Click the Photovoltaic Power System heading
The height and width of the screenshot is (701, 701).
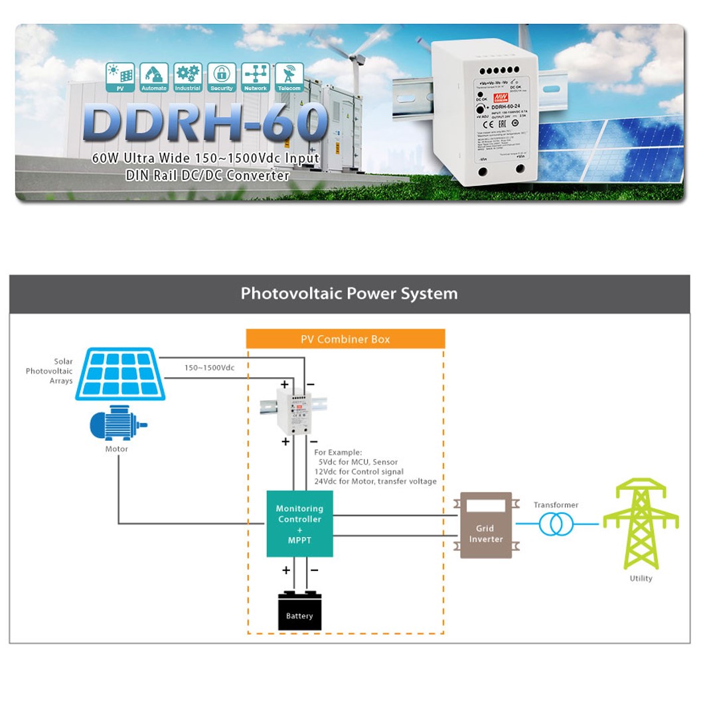pyautogui.click(x=349, y=293)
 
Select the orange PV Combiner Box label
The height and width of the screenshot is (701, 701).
pyautogui.click(x=345, y=339)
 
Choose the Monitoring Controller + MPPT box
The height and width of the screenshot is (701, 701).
pyautogui.click(x=299, y=524)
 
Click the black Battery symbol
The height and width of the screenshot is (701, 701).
pyautogui.click(x=299, y=610)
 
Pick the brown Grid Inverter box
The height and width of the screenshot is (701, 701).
pyautogui.click(x=486, y=525)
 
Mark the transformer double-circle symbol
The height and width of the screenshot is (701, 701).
pyautogui.click(x=556, y=524)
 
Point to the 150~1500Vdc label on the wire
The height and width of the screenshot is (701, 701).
pyautogui.click(x=209, y=367)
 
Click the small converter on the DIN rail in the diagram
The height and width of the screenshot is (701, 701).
pyautogui.click(x=293, y=411)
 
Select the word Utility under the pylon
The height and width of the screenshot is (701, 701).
pyautogui.click(x=641, y=578)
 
